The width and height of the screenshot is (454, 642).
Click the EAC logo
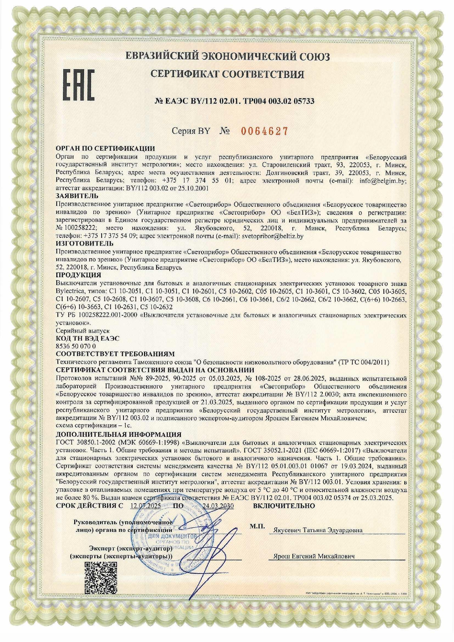79,85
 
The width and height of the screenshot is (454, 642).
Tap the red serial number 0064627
264,131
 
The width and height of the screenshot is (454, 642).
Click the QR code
101,578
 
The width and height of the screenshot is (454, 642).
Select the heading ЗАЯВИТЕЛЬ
77,196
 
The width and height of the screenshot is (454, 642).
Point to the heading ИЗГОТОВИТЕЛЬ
84,243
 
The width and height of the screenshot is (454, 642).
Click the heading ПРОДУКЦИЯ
78,275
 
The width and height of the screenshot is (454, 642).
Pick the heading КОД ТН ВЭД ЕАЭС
87,339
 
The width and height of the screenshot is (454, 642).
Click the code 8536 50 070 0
76,346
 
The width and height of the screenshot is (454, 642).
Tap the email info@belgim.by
383,181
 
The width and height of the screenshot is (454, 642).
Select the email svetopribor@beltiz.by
273,236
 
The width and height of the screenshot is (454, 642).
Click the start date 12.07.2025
145,506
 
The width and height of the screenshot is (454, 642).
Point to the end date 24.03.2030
218,506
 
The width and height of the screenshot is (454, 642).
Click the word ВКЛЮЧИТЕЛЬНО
284,506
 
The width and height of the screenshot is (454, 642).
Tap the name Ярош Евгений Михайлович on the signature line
314,556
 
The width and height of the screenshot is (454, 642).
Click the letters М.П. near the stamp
257,526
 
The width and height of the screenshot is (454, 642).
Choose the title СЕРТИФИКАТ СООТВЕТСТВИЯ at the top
227,74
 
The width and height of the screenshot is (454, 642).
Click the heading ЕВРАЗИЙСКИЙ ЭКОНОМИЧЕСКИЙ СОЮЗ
227,56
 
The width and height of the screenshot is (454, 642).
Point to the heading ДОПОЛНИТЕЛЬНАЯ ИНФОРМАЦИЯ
118,435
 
